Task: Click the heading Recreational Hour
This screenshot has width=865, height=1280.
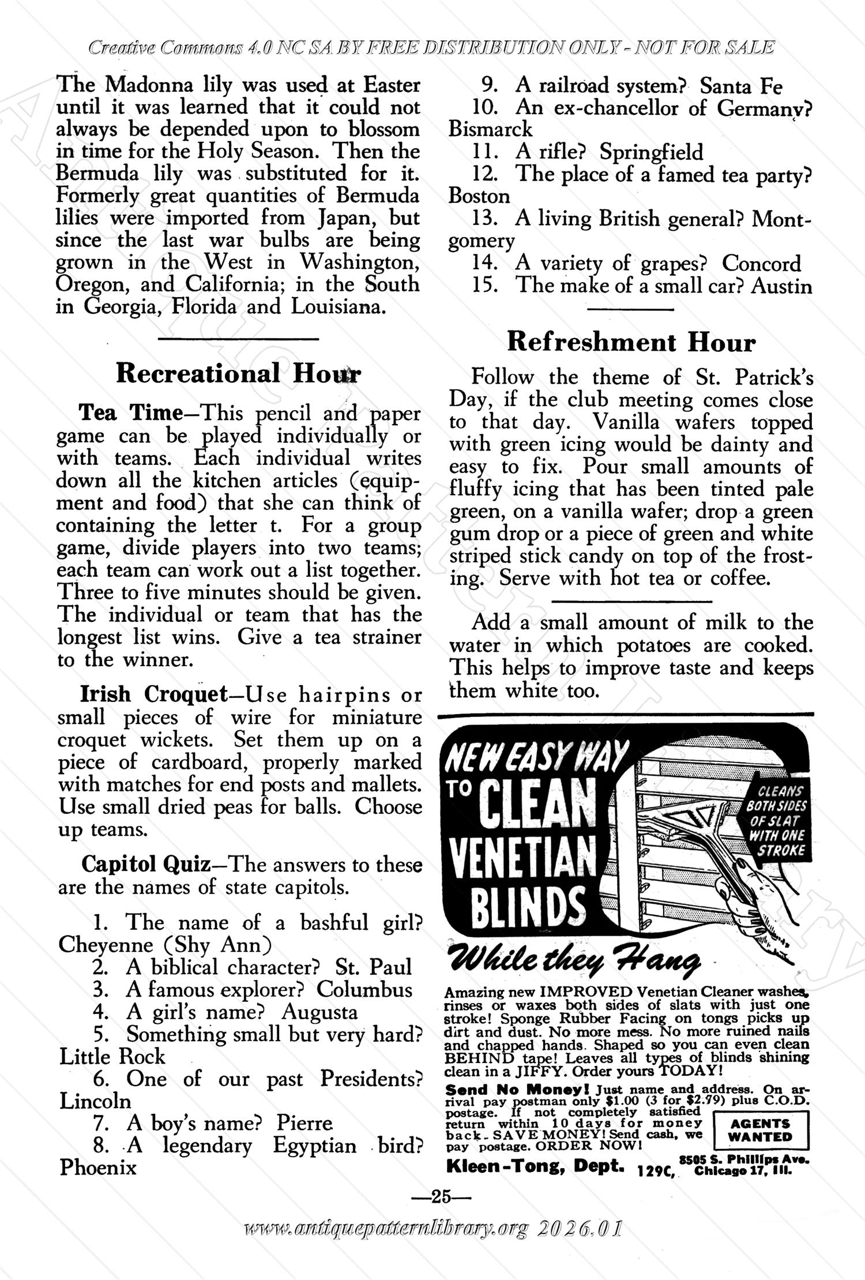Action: coord(238,374)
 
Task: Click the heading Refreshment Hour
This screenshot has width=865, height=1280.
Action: coord(631,343)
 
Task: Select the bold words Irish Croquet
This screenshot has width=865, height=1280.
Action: coord(154,695)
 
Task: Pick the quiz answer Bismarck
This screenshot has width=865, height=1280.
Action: coord(491,129)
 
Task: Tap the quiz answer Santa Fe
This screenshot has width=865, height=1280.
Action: coord(741,87)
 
